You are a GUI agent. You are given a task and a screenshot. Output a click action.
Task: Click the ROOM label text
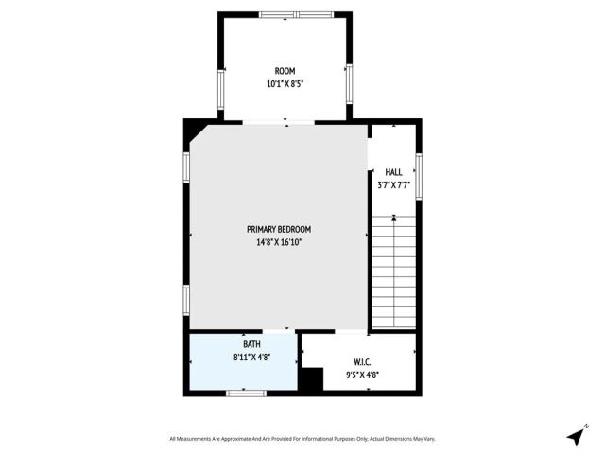point(285,71)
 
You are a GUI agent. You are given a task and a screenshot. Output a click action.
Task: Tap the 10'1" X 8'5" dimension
point(285,83)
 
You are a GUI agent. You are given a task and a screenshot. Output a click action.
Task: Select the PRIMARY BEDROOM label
point(279,229)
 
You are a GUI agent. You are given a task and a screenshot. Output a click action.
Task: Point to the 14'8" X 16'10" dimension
point(279,241)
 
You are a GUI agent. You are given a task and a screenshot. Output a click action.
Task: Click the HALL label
point(393,172)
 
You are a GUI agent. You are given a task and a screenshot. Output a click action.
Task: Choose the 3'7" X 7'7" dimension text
point(393,185)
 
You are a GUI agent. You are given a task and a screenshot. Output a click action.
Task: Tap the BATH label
point(251,344)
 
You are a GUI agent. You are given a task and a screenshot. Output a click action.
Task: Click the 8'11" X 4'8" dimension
point(251,358)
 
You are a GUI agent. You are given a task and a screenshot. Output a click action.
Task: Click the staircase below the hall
point(393,274)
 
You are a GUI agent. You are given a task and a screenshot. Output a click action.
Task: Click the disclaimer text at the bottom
point(302,439)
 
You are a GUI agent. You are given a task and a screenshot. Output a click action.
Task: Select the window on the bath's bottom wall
point(244,392)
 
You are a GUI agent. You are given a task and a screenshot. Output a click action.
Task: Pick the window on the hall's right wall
point(419,175)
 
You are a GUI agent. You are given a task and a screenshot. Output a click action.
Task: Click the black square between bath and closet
point(310,379)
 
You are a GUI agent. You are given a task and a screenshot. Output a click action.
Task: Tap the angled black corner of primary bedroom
point(195,130)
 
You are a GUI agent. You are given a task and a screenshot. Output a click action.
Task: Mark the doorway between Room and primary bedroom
point(279,121)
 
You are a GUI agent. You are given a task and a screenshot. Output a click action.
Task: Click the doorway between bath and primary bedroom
point(277,331)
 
